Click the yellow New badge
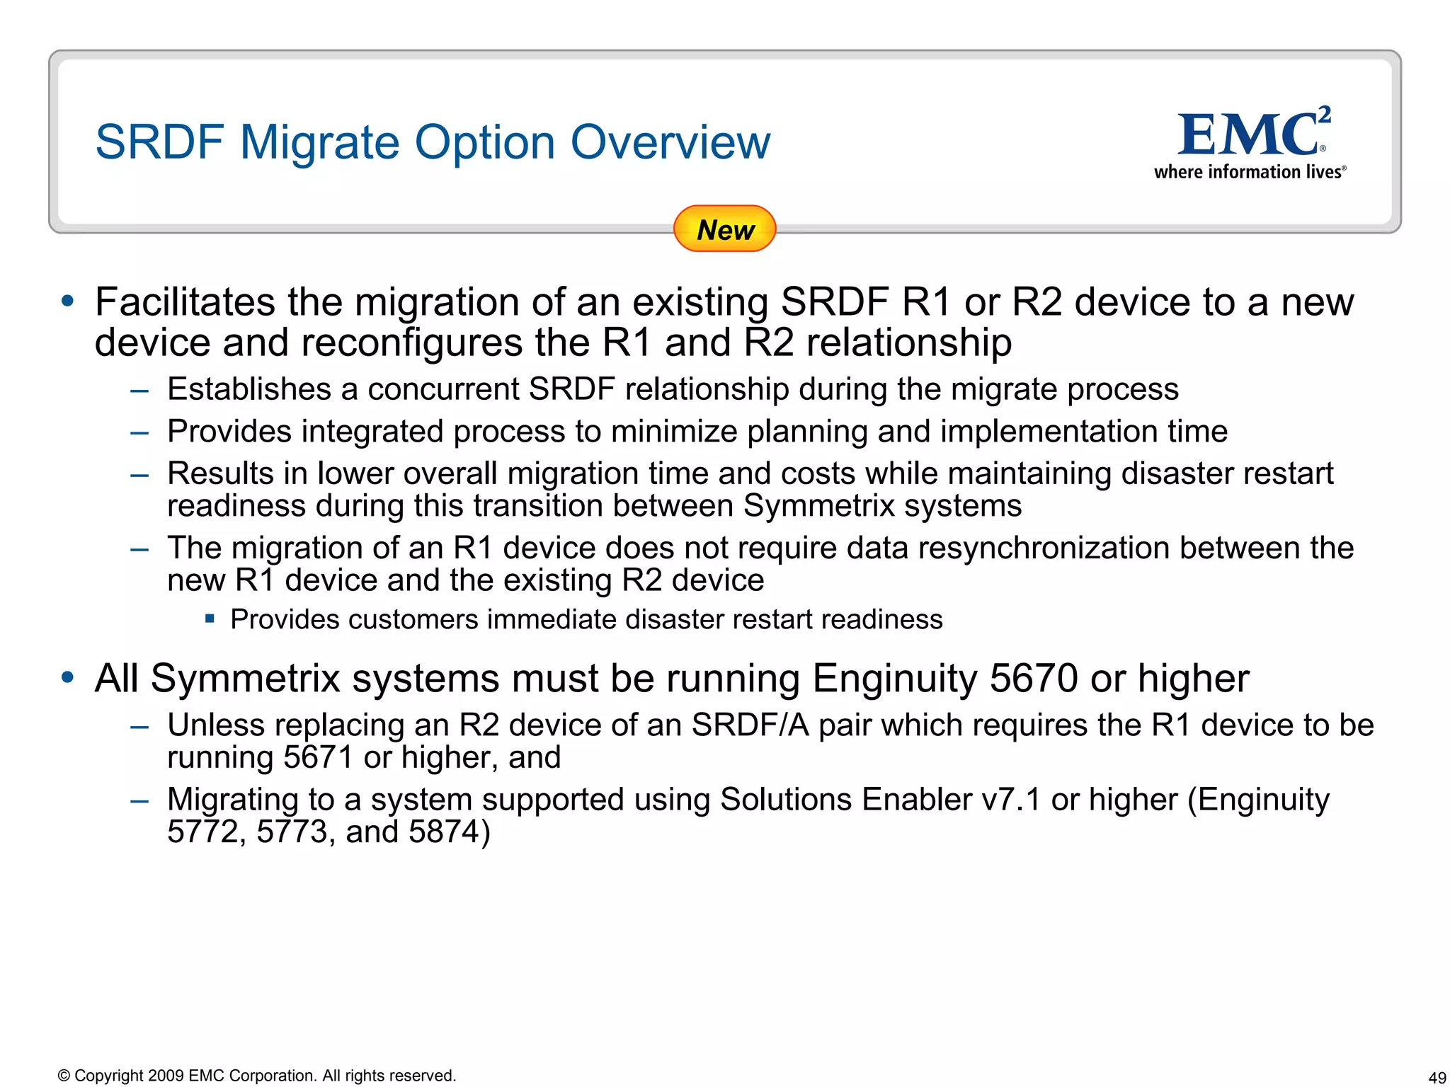click(724, 229)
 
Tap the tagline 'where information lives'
click(1250, 172)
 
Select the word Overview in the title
click(670, 142)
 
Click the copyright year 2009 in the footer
click(166, 1076)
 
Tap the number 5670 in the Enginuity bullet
click(1034, 678)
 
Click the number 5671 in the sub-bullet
click(318, 757)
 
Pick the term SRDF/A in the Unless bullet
click(750, 725)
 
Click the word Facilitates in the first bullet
click(185, 302)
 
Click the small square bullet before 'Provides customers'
click(210, 619)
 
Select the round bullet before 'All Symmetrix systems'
click(68, 677)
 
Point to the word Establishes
click(249, 389)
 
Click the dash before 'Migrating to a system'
click(139, 800)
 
